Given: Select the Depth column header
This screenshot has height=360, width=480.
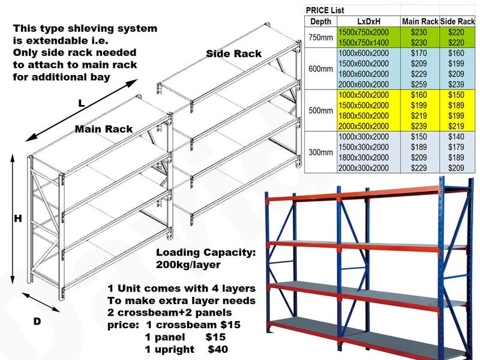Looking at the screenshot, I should (320, 22).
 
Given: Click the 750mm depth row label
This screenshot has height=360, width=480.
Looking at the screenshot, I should (320, 37).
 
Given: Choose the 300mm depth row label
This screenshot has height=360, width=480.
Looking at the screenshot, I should (320, 152).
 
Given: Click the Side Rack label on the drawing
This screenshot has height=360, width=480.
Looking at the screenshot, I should (233, 54).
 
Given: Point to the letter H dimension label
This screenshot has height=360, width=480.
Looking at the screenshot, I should (18, 220).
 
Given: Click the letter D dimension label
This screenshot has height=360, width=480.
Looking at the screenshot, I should (37, 322).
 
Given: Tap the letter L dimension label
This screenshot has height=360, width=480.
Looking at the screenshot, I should (81, 103).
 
